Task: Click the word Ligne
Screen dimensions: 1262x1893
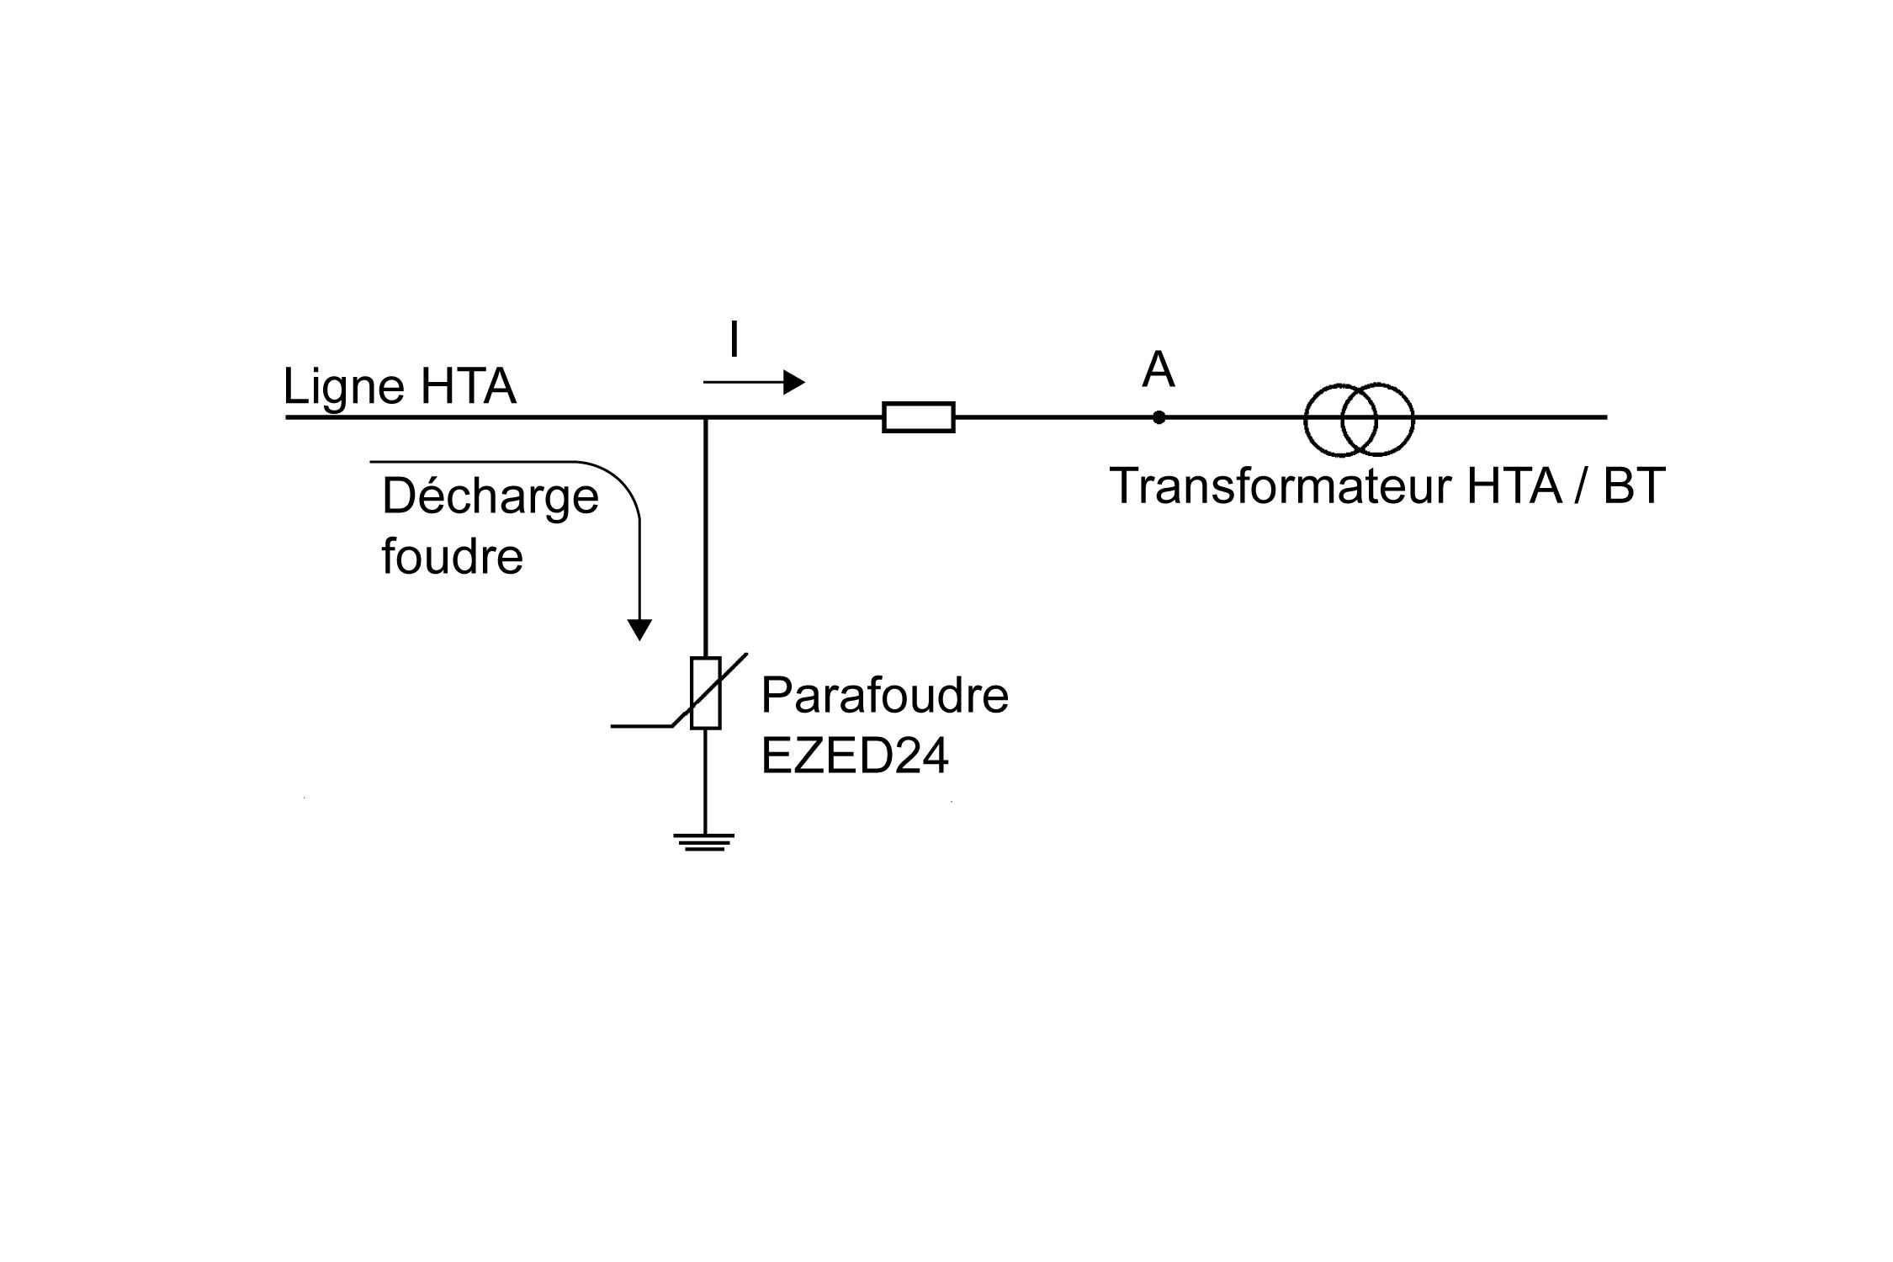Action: pyautogui.click(x=343, y=388)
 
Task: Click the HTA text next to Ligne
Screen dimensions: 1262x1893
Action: pyautogui.click(x=468, y=388)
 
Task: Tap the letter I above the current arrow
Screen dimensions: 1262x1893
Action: pyautogui.click(x=734, y=341)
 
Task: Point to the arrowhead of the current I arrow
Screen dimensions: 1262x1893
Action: pyautogui.click(x=794, y=383)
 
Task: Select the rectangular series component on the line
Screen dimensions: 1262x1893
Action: pyautogui.click(x=918, y=417)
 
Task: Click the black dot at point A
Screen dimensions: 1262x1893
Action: pyautogui.click(x=1159, y=417)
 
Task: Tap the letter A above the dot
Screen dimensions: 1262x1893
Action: pyautogui.click(x=1159, y=370)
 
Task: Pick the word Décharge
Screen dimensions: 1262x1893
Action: pyautogui.click(x=490, y=496)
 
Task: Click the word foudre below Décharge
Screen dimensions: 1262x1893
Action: pyautogui.click(x=452, y=556)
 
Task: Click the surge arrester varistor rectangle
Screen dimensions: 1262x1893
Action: pyautogui.click(x=706, y=692)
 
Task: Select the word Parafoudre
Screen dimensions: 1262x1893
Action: pyautogui.click(x=883, y=696)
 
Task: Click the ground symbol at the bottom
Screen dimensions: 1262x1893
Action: pyautogui.click(x=704, y=842)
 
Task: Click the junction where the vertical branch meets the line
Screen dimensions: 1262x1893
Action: pyautogui.click(x=706, y=417)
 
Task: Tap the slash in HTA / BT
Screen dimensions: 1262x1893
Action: pyautogui.click(x=1582, y=486)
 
